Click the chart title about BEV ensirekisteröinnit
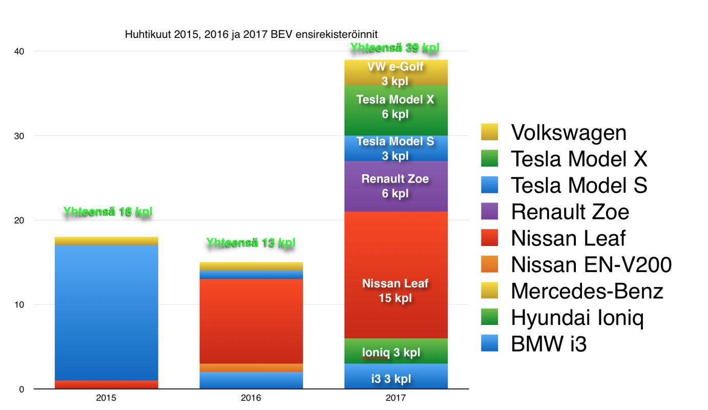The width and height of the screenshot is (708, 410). tap(251, 35)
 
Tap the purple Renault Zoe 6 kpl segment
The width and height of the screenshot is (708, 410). tap(395, 186)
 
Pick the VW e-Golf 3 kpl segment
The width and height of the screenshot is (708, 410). tap(395, 72)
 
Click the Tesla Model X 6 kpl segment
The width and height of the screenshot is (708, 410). tap(395, 107)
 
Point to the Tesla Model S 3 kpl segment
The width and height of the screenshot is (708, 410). tap(395, 148)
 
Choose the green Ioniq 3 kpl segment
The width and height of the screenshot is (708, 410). tap(395, 351)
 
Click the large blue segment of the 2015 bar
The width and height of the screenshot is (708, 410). tap(107, 313)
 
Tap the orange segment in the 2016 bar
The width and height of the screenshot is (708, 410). tap(251, 367)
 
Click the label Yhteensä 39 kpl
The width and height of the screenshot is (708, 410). tap(395, 48)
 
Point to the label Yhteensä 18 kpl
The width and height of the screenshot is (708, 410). tap(108, 212)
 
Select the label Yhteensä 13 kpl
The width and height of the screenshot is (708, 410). tap(251, 243)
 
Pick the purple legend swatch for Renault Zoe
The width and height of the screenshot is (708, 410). tap(489, 212)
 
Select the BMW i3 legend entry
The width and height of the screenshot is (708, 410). tap(549, 344)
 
